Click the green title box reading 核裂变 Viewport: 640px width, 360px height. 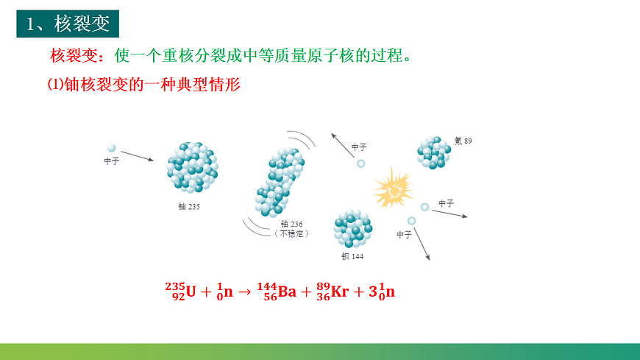(x=68, y=24)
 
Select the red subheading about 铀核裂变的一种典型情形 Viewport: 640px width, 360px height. (x=143, y=85)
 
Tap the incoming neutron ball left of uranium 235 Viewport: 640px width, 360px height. (x=112, y=148)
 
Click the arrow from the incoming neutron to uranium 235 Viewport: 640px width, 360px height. (x=138, y=156)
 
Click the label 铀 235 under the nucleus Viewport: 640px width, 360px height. (x=189, y=207)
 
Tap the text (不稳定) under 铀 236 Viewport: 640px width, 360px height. (x=291, y=233)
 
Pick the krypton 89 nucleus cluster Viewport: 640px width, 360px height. (x=433, y=152)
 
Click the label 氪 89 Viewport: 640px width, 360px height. (x=463, y=141)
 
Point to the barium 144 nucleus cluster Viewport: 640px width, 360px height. (x=353, y=228)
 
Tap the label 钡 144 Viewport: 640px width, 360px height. (x=352, y=257)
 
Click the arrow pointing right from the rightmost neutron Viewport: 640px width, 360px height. (x=449, y=213)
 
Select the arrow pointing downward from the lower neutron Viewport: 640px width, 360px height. (x=422, y=244)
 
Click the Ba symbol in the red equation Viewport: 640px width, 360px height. (x=287, y=292)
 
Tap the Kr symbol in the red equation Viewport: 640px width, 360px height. (x=339, y=292)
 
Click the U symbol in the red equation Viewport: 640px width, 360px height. (x=191, y=292)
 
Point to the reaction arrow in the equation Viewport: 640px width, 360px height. (x=245, y=292)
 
